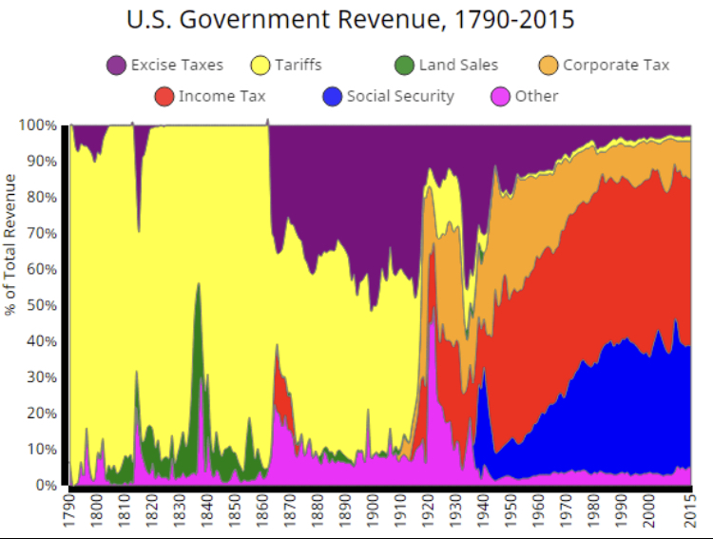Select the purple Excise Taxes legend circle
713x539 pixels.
[x=117, y=66]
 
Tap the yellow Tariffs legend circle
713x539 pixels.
[x=261, y=66]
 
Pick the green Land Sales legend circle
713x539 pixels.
[x=405, y=66]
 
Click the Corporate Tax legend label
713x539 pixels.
[x=616, y=66]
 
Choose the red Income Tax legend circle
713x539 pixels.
[x=164, y=96]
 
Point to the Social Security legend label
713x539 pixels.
[x=400, y=96]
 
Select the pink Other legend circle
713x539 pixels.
[x=500, y=96]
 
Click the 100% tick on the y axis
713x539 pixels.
[x=38, y=125]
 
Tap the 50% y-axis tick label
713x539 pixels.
[x=42, y=305]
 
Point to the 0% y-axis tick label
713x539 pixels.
[x=47, y=485]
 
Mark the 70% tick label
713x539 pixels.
[x=42, y=233]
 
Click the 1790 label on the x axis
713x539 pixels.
[x=68, y=512]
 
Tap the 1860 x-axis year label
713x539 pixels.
[x=262, y=512]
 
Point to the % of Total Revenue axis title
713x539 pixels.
[x=10, y=244]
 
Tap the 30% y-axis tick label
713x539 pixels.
[x=42, y=377]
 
